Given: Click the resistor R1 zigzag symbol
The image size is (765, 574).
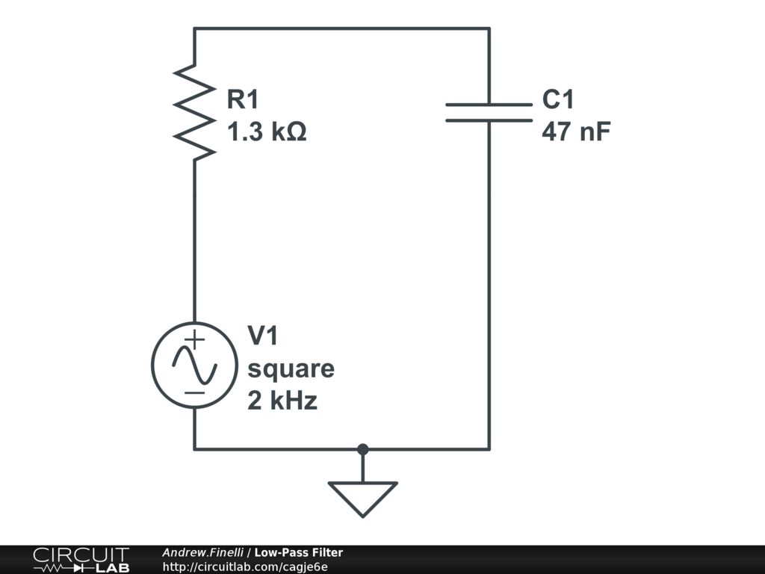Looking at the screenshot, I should click(194, 112).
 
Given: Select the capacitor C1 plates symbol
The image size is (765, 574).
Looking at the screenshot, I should click(489, 112).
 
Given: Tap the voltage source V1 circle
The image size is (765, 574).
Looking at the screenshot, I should click(194, 365).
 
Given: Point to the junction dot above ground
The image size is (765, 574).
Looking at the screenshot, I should click(363, 449).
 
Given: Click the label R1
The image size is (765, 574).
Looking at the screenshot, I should click(246, 99).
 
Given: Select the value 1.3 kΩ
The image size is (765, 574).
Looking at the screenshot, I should click(267, 133).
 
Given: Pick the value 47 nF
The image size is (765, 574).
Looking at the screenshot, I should click(576, 133).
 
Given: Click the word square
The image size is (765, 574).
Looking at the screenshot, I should click(291, 369).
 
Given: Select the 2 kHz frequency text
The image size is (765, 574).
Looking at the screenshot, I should click(282, 401).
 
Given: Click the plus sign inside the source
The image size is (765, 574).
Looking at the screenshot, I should click(194, 339).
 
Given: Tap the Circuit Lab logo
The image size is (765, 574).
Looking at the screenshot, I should click(81, 560).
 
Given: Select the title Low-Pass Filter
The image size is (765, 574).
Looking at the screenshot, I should click(298, 553).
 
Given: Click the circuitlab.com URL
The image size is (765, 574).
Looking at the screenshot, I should click(245, 567).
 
